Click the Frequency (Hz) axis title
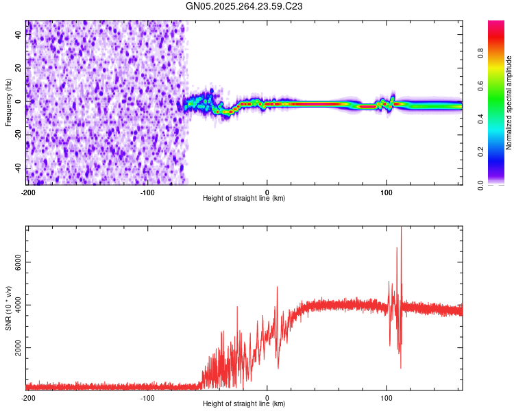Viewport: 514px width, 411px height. [8, 102]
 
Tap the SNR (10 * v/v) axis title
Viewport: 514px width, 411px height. [8, 308]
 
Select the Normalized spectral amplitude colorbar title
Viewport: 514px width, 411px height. [509, 103]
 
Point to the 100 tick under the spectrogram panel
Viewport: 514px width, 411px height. [387, 191]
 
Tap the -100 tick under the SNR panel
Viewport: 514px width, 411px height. [147, 397]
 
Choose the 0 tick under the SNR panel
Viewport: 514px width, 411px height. [267, 397]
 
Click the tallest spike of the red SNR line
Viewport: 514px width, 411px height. [401, 229]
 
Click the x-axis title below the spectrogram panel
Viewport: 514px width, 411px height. [244, 198]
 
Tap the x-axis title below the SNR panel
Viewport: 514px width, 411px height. [244, 404]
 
